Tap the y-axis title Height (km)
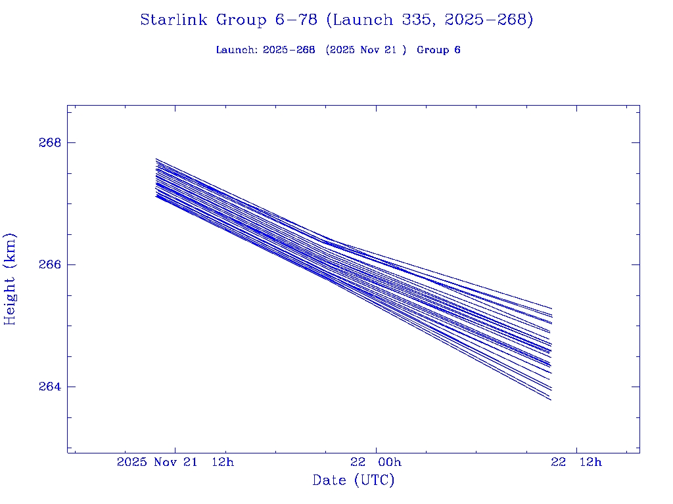tap(10, 279)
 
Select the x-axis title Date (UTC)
tap(354, 480)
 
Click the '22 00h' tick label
tap(375, 462)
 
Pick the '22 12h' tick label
tap(576, 462)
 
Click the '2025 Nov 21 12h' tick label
tap(175, 462)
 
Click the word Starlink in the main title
tap(175, 20)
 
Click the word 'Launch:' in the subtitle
tap(237, 50)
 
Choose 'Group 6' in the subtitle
tap(438, 50)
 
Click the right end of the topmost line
tap(551, 308)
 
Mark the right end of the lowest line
tap(550, 400)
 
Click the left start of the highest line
tap(156, 159)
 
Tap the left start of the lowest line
tap(156, 196)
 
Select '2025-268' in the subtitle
tap(289, 50)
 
